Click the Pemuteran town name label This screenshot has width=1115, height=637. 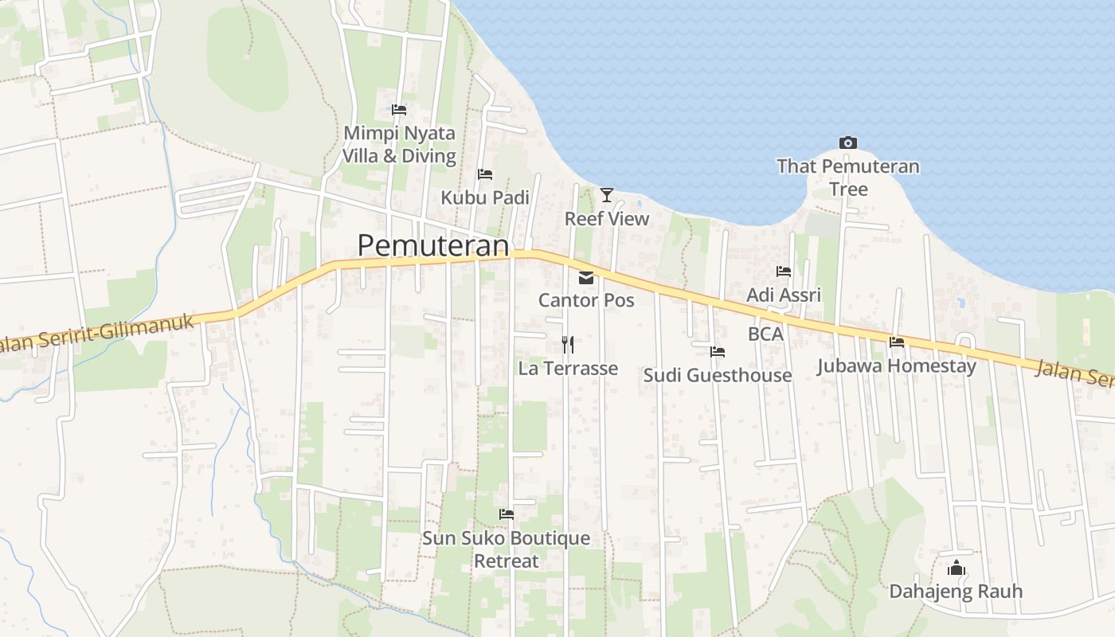click(x=432, y=245)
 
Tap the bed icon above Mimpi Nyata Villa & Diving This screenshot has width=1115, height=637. click(x=399, y=109)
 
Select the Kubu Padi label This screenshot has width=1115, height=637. click(x=485, y=197)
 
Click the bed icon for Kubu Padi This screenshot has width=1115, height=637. click(x=484, y=174)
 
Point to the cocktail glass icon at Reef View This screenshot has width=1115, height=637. click(x=607, y=194)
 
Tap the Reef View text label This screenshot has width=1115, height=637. click(x=607, y=218)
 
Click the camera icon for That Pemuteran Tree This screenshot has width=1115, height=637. click(x=848, y=143)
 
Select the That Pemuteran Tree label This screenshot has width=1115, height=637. click(x=848, y=178)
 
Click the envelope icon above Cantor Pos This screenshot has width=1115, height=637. click(x=586, y=278)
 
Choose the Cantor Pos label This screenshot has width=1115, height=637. click(x=586, y=300)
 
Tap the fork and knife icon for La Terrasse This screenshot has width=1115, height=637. click(x=568, y=345)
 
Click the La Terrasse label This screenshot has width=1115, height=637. click(x=568, y=368)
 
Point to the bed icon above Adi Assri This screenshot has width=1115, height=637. click(x=784, y=272)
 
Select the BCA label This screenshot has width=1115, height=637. click(x=766, y=334)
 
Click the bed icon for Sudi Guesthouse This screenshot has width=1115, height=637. click(x=718, y=352)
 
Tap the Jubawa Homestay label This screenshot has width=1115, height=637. click(x=897, y=366)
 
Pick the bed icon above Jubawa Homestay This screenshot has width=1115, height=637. click(x=897, y=343)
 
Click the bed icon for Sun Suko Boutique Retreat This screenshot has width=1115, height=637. click(x=506, y=514)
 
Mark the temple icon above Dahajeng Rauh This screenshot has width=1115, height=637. click(x=956, y=568)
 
